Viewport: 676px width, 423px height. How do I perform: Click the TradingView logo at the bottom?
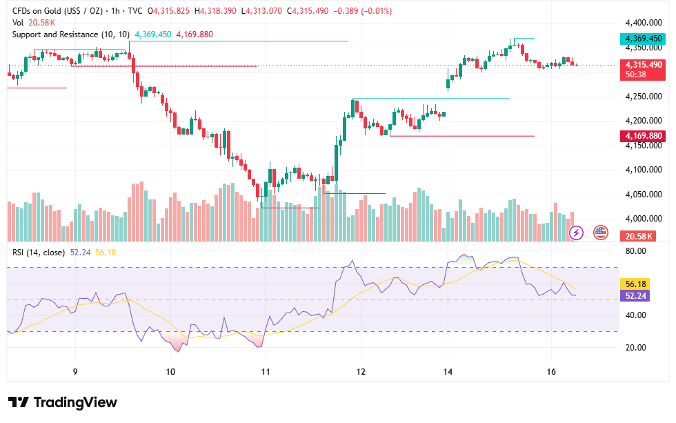[x=63, y=402]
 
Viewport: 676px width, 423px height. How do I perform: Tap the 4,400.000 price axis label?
[x=643, y=22]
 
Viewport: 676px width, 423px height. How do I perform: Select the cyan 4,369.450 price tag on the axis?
[x=643, y=39]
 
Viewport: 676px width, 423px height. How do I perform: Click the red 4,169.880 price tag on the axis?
[x=643, y=136]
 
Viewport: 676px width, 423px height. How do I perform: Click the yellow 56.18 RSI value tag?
[x=635, y=284]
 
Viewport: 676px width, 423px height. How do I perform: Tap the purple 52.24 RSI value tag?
[x=635, y=296]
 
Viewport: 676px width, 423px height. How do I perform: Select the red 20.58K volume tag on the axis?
[x=638, y=236]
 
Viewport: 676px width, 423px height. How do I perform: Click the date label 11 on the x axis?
[x=266, y=372]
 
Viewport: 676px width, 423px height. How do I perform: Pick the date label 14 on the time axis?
[x=448, y=372]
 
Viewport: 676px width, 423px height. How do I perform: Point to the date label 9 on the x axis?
[x=75, y=372]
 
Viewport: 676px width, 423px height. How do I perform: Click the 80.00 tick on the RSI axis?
[x=635, y=251]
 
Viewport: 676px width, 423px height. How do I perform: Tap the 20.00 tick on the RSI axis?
[x=635, y=348]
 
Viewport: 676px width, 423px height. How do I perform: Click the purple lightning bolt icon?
[x=577, y=233]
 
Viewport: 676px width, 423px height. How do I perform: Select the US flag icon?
[x=601, y=233]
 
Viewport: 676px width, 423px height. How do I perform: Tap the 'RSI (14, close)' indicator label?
[x=39, y=253]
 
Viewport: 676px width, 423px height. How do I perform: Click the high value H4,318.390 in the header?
[x=215, y=11]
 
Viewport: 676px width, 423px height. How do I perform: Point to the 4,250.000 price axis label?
[x=643, y=96]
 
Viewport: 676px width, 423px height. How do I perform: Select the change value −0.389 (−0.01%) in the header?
[x=363, y=11]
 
